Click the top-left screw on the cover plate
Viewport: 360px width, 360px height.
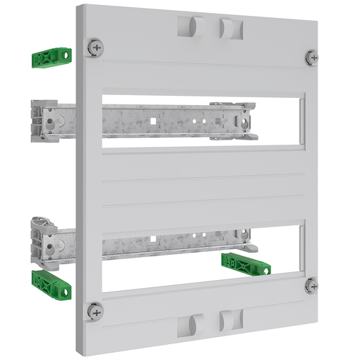point(95,48)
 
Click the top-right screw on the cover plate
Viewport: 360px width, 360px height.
point(311,57)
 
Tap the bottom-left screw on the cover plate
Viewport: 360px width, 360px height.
point(94,311)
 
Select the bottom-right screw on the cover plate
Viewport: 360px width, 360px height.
point(311,285)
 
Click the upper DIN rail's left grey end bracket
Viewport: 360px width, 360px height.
point(43,119)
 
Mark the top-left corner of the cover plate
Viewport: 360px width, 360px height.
point(77,7)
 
